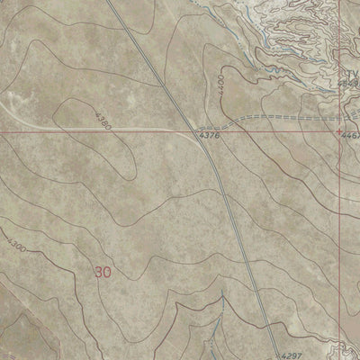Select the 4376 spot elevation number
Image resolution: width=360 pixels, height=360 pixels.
coord(208,137)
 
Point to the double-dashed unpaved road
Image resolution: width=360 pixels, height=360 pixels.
coord(270,118)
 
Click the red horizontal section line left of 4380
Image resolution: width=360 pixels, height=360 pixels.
coord(45,131)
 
